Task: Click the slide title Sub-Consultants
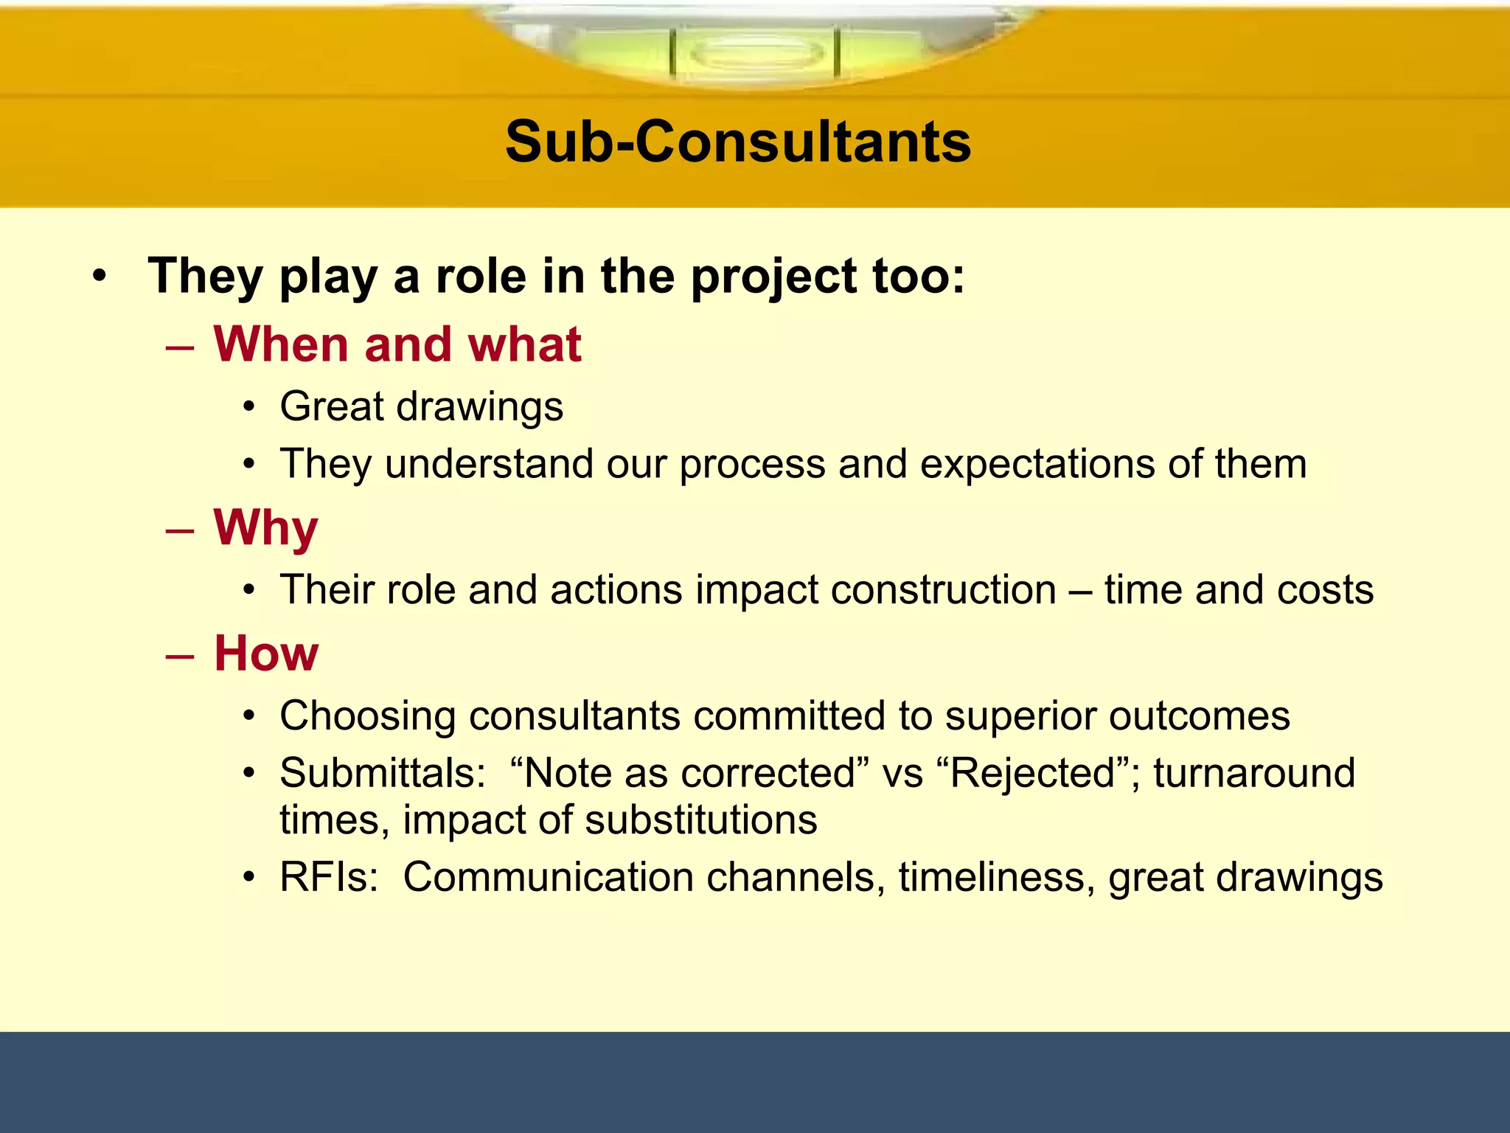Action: pyautogui.click(x=738, y=142)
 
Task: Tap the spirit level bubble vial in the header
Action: pyautogui.click(x=754, y=53)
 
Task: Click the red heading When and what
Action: pyautogui.click(x=397, y=344)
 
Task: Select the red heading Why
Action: pyautogui.click(x=265, y=528)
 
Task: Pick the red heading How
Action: pyautogui.click(x=266, y=654)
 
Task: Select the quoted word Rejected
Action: pyautogui.click(x=1033, y=773)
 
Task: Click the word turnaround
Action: pyautogui.click(x=1254, y=773)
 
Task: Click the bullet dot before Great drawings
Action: pyautogui.click(x=250, y=407)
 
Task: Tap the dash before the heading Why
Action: pyautogui.click(x=180, y=530)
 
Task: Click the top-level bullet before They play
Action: pyautogui.click(x=100, y=277)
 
